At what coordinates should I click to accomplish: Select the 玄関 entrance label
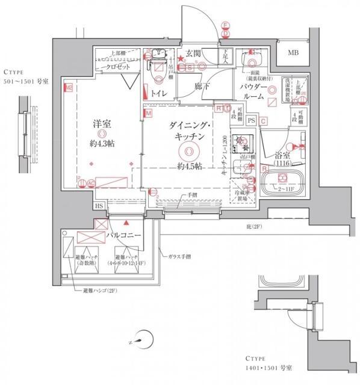click(193, 54)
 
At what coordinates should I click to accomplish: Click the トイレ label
click(159, 93)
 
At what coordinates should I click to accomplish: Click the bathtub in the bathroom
click(282, 182)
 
